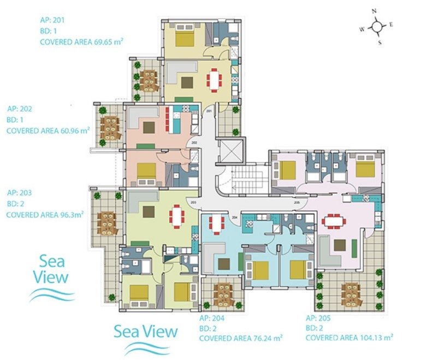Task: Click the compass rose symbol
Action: point(377,26)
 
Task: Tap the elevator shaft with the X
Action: point(230,152)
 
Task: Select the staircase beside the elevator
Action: point(246,178)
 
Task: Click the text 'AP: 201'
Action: point(52,20)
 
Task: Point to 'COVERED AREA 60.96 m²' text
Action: point(48,131)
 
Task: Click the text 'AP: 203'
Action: point(19,193)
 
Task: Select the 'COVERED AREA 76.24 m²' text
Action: point(241,338)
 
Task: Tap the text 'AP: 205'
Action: point(318,318)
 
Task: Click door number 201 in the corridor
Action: point(209,111)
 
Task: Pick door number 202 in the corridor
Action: point(194,143)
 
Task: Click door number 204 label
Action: point(235,217)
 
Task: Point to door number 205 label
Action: point(297,203)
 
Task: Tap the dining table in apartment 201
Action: point(214,80)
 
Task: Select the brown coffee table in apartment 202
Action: point(149,127)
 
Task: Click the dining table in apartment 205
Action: point(333,222)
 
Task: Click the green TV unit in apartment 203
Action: point(140,244)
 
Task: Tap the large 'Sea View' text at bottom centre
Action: point(146,332)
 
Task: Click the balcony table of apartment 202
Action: point(110,128)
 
